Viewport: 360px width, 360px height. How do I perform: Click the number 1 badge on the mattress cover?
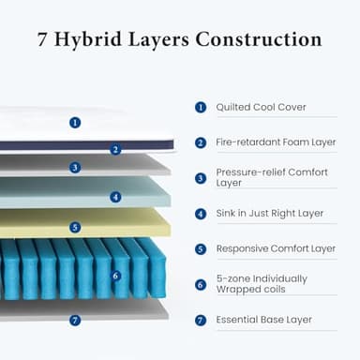point(75,122)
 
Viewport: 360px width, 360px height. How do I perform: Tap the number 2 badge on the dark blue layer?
point(115,149)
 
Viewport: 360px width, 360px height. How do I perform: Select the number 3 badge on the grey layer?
point(75,168)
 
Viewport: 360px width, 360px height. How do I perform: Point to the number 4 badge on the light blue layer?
point(115,197)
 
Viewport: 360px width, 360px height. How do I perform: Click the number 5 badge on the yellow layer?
point(75,227)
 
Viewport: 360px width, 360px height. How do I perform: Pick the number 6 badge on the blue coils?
point(115,276)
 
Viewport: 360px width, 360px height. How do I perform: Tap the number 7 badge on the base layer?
point(75,320)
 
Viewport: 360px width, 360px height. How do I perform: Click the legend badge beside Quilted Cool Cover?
point(201,107)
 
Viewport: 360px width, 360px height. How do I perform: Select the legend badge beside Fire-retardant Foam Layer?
point(201,142)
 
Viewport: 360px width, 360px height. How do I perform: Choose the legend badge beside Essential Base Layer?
point(201,320)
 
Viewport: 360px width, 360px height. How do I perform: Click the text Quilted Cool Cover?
point(261,107)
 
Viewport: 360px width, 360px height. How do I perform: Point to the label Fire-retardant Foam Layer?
point(276,142)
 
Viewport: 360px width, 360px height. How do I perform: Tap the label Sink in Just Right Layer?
point(269,214)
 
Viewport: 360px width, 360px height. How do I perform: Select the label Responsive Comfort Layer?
point(276,249)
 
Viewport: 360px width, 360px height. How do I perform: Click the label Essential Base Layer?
point(263,320)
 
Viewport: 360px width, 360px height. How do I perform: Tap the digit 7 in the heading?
point(44,40)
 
